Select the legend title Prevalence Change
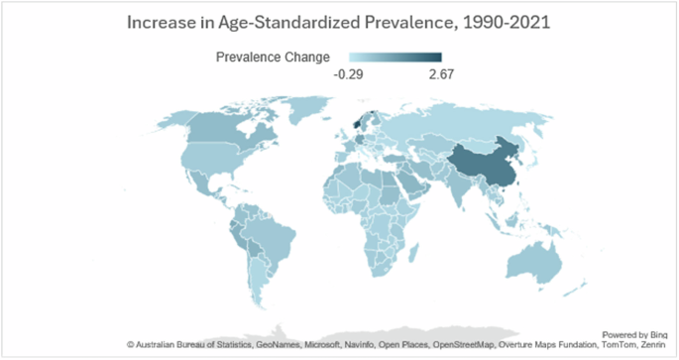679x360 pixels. click(x=273, y=57)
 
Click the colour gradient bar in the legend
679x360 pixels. click(x=395, y=57)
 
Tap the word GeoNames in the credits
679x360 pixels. click(x=262, y=345)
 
